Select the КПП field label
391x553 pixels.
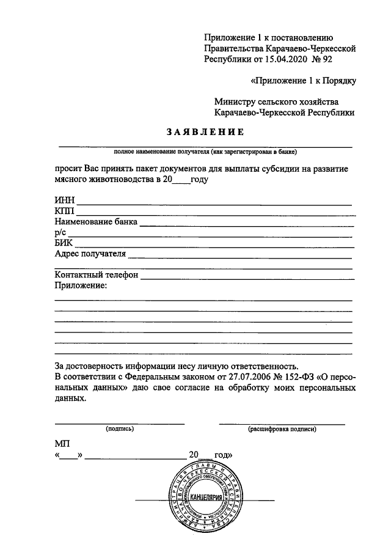64,211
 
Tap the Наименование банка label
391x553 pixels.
96,222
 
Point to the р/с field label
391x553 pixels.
60,233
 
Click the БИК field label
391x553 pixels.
64,243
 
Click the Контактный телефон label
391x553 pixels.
97,276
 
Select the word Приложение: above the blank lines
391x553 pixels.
81,286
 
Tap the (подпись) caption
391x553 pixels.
120,429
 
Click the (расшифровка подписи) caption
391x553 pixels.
282,429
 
